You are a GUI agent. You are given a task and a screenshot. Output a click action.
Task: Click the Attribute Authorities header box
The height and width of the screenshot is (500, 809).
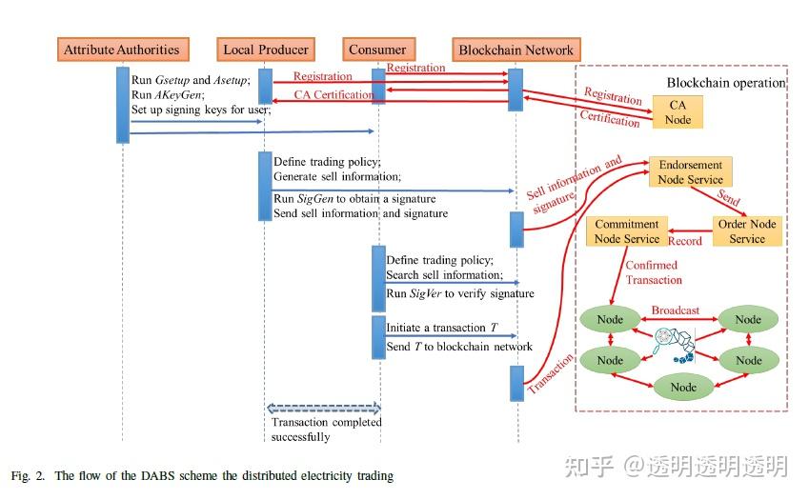tap(121, 50)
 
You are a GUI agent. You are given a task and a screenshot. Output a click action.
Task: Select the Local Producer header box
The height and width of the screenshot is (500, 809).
tap(265, 50)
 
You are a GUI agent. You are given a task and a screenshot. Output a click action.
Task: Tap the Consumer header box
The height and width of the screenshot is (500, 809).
tap(377, 50)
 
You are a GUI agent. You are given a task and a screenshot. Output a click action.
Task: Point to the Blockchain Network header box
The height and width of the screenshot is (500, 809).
tap(516, 50)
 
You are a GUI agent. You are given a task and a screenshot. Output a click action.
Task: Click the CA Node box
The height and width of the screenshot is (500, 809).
tap(678, 112)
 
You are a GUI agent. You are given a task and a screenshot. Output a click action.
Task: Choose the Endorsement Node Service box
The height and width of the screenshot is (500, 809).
tap(691, 171)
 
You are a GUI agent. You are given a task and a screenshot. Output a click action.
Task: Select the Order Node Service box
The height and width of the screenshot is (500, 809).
tap(747, 231)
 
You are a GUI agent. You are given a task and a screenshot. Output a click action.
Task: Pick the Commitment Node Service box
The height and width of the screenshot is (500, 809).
tap(626, 231)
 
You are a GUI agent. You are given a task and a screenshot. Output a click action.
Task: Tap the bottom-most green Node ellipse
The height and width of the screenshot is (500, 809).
tap(683, 387)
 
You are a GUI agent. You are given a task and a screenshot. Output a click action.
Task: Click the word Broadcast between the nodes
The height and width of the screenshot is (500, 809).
tap(675, 310)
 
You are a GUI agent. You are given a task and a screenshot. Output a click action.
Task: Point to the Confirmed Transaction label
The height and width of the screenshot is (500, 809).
tap(653, 272)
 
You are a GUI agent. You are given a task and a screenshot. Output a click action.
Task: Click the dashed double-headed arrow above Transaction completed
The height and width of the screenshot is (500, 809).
tap(323, 408)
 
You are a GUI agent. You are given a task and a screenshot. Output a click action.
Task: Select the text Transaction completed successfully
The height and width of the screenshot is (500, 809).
tap(326, 430)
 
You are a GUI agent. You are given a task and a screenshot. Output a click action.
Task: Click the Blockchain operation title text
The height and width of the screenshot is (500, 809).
tap(725, 83)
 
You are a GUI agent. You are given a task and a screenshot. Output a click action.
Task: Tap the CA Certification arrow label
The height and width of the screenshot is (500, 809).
tap(334, 95)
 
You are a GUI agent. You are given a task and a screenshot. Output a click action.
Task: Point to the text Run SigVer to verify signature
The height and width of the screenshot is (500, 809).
tap(459, 293)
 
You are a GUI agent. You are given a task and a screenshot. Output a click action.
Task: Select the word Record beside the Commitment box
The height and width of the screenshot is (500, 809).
tap(684, 242)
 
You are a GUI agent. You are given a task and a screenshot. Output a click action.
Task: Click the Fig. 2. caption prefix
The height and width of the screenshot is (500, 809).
tap(28, 475)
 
